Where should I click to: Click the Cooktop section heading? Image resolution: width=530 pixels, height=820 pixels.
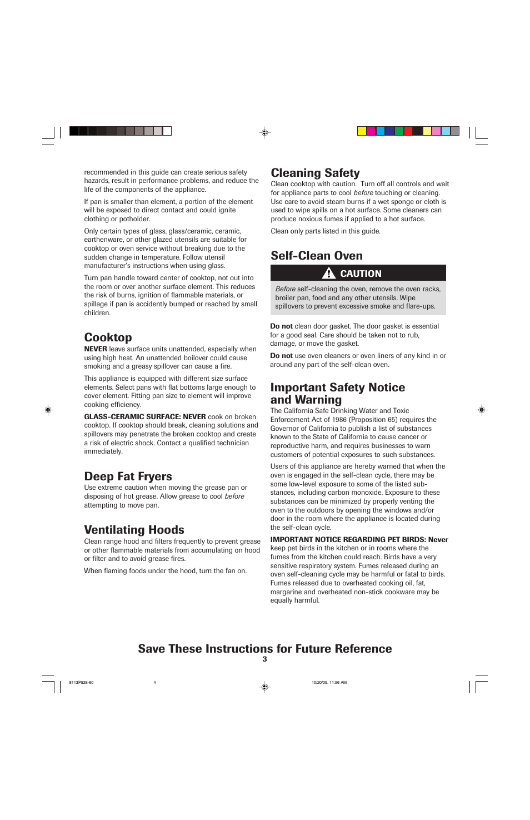click(108, 337)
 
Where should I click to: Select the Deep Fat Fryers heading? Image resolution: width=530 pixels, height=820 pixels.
click(128, 476)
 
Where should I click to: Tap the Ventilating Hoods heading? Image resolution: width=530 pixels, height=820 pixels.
click(134, 530)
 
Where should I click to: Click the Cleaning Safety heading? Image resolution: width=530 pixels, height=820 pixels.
click(315, 173)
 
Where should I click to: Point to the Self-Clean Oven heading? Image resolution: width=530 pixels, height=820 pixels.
click(316, 256)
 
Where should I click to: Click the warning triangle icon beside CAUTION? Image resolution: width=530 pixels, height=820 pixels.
click(328, 273)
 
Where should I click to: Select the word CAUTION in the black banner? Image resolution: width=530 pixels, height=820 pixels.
click(361, 274)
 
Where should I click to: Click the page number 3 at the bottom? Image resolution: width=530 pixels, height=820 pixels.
click(264, 659)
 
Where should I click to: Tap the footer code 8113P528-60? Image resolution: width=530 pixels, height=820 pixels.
click(81, 682)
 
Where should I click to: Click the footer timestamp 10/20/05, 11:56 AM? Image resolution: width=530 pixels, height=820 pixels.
click(329, 682)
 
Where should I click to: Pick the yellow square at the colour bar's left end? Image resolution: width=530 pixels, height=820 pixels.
click(362, 131)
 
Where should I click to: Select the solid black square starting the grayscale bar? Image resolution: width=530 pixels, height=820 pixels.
click(74, 131)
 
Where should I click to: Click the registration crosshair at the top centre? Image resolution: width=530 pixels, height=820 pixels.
click(265, 132)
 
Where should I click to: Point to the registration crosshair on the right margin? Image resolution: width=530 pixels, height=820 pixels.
click(482, 410)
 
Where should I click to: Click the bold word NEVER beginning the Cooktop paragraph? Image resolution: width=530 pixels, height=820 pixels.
click(95, 349)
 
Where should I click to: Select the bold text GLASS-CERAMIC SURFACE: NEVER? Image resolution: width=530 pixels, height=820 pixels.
click(144, 417)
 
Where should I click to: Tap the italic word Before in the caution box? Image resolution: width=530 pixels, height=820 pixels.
click(285, 289)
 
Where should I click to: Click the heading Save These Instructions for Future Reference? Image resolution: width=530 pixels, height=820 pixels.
click(264, 649)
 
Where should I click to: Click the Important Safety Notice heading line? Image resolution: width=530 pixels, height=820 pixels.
click(337, 387)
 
